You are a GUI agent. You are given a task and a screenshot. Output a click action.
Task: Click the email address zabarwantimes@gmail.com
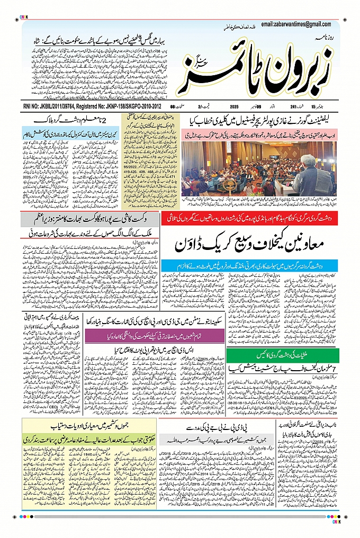click(x=295, y=24)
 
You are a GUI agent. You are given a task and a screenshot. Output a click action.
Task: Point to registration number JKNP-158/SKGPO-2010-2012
click(x=128, y=107)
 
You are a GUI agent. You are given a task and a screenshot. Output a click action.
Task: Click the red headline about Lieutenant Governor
click(x=258, y=120)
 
